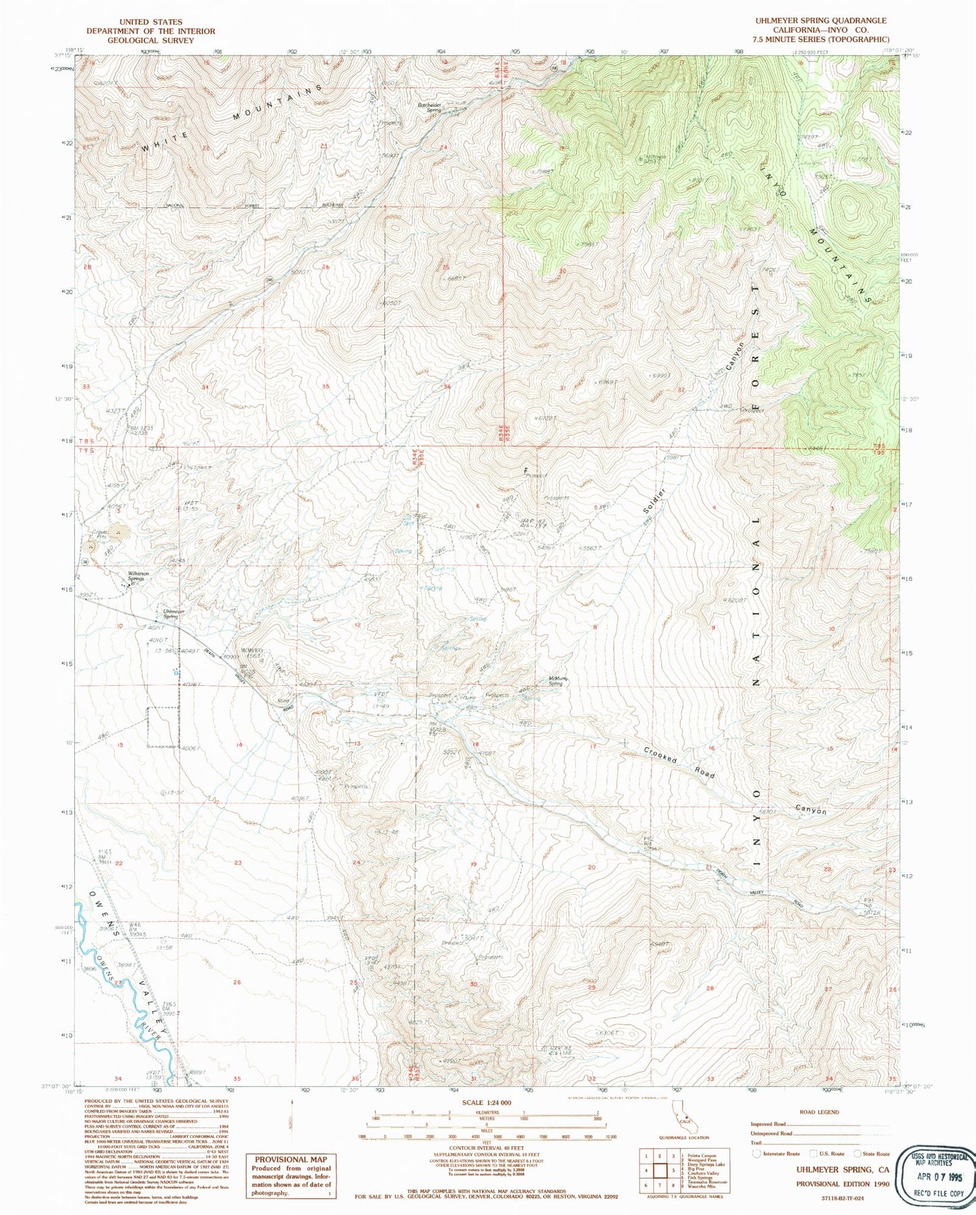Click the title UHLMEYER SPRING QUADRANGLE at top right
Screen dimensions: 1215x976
pos(821,21)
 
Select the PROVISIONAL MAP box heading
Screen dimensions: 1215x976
pos(290,1159)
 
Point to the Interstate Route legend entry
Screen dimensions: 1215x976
pos(777,1154)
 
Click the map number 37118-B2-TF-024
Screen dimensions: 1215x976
pos(842,1197)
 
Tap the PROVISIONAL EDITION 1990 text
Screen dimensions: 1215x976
pos(842,1183)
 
